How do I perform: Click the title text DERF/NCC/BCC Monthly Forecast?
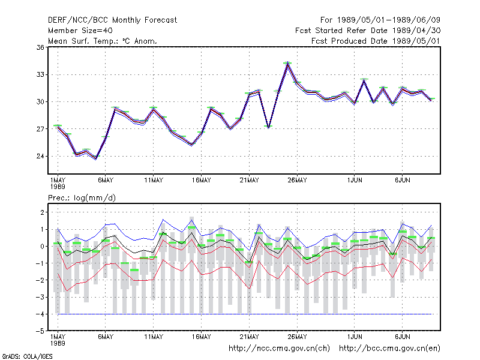click(x=112, y=20)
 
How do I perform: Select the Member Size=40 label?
click(x=80, y=31)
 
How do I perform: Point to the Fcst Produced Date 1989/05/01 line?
click(x=376, y=41)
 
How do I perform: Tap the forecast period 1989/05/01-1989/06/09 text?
click(x=380, y=20)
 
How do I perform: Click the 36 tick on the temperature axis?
click(x=40, y=47)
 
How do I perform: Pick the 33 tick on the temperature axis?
click(x=40, y=74)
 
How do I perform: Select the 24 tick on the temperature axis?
click(x=40, y=156)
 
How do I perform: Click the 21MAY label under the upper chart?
click(x=249, y=181)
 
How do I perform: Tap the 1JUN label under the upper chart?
click(x=355, y=181)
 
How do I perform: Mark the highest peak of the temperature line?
click(x=287, y=63)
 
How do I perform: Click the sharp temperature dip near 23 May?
click(x=268, y=127)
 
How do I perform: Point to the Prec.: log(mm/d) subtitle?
click(x=82, y=198)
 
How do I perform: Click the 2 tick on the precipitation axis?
click(x=42, y=212)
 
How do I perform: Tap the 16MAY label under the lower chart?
click(x=202, y=337)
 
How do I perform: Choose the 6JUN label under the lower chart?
click(x=402, y=337)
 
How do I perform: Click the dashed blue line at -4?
click(x=245, y=314)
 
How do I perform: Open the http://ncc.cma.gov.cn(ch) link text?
click(x=279, y=349)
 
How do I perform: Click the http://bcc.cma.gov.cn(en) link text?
click(x=389, y=349)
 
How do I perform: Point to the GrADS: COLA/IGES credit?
click(x=27, y=356)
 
